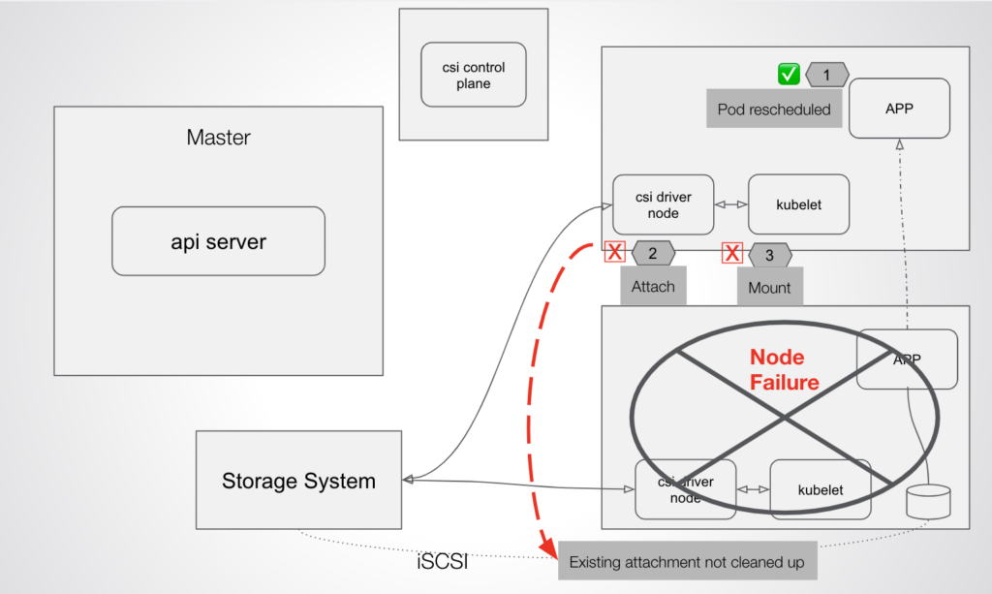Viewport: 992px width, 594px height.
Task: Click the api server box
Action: tap(218, 241)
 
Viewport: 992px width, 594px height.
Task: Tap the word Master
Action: tap(218, 138)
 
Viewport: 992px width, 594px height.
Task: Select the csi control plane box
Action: tap(474, 75)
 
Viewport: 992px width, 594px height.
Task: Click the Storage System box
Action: tap(298, 481)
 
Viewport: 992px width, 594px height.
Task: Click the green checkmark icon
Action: tap(789, 74)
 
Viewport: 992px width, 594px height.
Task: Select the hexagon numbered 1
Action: tap(826, 74)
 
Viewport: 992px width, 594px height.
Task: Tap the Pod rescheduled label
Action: tap(774, 109)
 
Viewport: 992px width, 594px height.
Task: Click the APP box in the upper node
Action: tap(898, 109)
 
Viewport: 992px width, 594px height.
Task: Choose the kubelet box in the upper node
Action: tap(798, 204)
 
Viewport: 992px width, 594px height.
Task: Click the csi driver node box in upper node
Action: tap(664, 204)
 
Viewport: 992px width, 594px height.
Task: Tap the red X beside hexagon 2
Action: tap(614, 253)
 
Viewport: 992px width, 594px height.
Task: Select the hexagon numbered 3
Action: tap(769, 255)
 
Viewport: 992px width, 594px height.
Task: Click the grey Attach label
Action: tap(653, 287)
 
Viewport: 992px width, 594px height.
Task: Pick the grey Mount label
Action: tap(769, 288)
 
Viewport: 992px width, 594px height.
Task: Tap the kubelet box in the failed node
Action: tap(820, 489)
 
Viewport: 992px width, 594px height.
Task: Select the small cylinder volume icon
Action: tap(927, 502)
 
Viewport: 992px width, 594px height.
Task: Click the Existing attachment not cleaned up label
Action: tap(686, 562)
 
